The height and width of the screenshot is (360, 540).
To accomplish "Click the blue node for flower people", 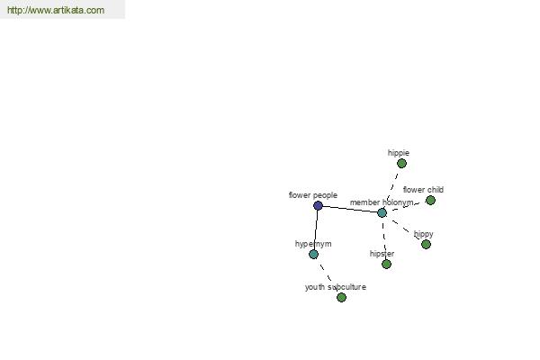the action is click(318, 206).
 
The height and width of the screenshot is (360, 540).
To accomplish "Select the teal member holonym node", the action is click(382, 213).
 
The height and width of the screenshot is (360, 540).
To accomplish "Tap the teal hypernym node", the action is click(313, 255).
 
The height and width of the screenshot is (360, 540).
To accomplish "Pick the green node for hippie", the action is click(401, 164).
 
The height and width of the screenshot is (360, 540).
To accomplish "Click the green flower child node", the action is click(430, 200).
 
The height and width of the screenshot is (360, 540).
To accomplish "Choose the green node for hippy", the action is click(426, 244).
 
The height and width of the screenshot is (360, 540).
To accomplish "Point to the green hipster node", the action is click(386, 265).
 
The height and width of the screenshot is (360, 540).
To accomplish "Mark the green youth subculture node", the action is click(341, 297).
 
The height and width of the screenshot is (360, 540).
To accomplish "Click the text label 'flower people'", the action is click(313, 195).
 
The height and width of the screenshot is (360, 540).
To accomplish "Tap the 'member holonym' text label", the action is click(382, 202).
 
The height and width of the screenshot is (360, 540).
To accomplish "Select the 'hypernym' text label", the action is click(313, 244).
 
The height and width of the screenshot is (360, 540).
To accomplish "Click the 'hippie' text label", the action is click(399, 153).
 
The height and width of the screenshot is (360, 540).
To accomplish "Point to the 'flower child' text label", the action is click(423, 190).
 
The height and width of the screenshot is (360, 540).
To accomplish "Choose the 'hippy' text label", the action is click(424, 234).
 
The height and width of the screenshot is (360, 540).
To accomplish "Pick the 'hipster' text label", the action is click(382, 254).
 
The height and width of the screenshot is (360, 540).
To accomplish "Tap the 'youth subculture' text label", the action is click(336, 287).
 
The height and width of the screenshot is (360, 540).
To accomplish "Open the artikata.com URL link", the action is click(56, 10).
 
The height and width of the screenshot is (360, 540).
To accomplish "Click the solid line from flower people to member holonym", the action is click(350, 209).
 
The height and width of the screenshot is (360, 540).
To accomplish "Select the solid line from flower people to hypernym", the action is click(316, 230).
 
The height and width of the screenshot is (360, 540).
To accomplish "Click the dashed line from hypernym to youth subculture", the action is click(328, 276).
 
